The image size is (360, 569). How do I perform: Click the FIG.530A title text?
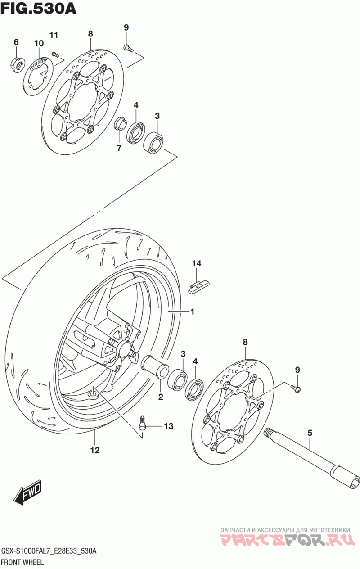[38, 9]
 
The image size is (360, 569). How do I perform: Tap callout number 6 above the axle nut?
[16, 42]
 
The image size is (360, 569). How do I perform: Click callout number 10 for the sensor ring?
[39, 43]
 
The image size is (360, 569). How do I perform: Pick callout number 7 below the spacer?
[119, 148]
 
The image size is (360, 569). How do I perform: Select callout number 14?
[197, 263]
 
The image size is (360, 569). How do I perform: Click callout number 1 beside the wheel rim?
[192, 312]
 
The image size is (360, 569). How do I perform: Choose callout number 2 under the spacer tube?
[161, 397]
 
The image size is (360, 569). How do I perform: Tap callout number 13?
[168, 426]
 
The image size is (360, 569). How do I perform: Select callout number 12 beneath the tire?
[95, 450]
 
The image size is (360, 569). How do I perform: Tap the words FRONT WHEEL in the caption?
[23, 562]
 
